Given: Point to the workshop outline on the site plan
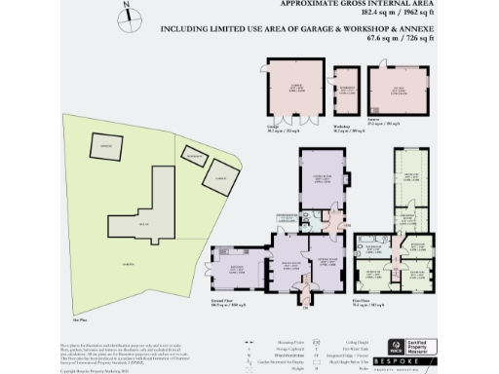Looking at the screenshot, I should [196, 155].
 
